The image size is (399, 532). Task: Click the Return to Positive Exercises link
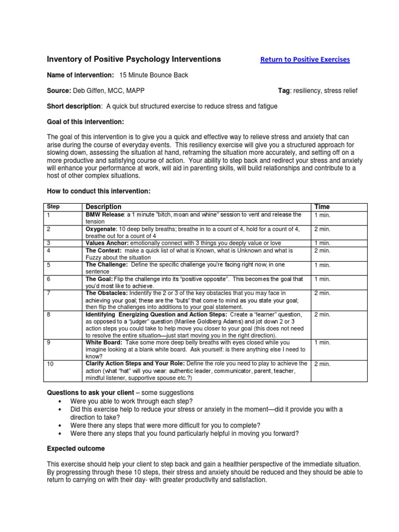click(304, 60)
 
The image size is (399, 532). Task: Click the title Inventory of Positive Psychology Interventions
click(134, 59)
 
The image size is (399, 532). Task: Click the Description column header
click(103, 207)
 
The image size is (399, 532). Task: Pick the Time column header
click(322, 207)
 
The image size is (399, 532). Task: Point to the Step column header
click(54, 207)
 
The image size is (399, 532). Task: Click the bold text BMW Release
click(104, 215)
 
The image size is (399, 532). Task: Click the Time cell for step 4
click(322, 250)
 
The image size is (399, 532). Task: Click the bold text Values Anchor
click(107, 243)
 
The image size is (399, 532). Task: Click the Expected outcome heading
click(76, 448)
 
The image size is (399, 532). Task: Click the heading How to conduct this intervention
click(99, 192)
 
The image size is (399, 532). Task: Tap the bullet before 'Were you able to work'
click(63, 402)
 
